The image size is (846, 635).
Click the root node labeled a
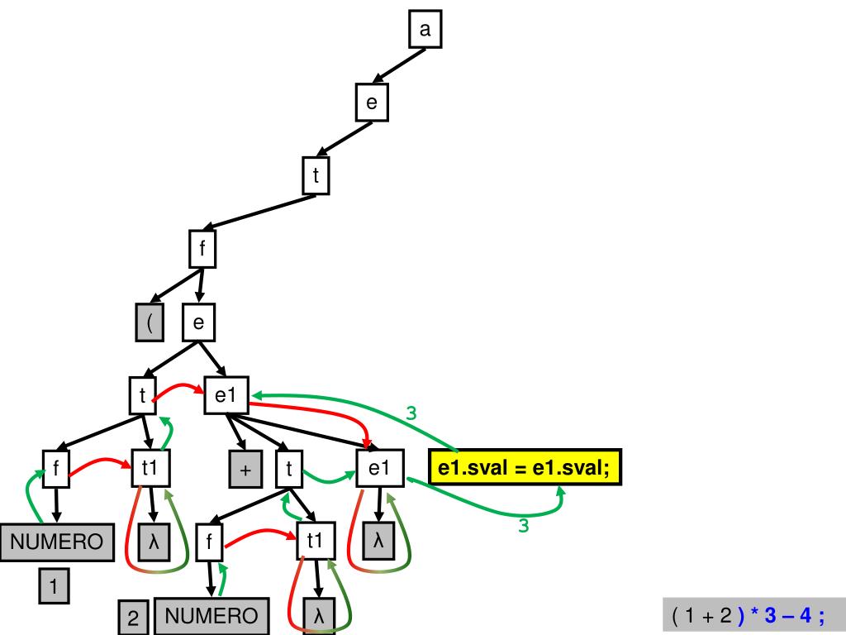click(x=425, y=31)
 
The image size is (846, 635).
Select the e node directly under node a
click(x=371, y=103)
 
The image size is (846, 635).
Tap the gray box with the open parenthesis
click(x=150, y=322)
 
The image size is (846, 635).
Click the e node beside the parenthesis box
click(x=198, y=322)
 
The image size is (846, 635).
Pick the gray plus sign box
click(x=245, y=470)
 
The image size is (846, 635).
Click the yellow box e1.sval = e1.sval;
click(x=524, y=469)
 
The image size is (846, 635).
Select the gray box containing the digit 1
click(x=54, y=588)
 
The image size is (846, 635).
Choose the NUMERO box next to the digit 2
click(x=211, y=616)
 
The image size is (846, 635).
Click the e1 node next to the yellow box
click(x=378, y=469)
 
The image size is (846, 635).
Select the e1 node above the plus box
click(x=226, y=396)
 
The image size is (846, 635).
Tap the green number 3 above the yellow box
click(x=411, y=413)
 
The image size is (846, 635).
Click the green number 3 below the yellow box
click(x=523, y=525)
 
